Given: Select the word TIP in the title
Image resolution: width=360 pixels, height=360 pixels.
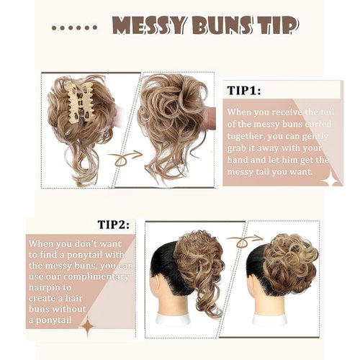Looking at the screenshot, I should (276, 26).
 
